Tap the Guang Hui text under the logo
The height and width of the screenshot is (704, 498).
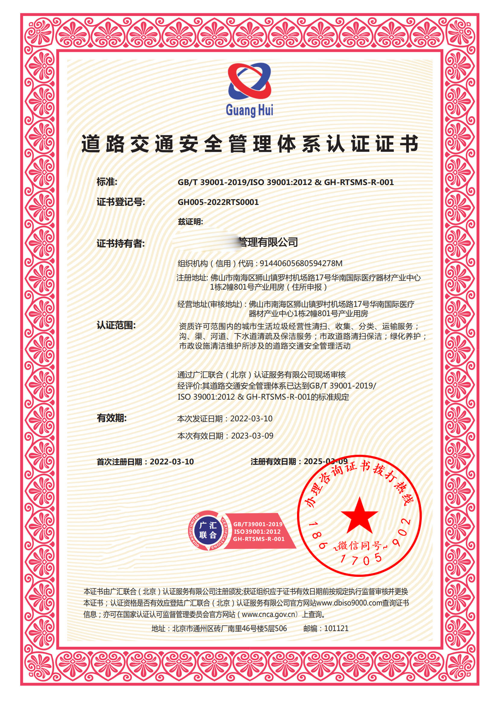tap(249, 110)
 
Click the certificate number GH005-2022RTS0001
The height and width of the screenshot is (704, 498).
tap(218, 202)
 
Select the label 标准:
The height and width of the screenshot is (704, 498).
tap(107, 182)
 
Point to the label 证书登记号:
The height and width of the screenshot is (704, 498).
tap(121, 202)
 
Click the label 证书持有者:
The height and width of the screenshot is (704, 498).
tap(121, 244)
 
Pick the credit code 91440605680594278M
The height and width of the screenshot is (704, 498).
tap(301, 263)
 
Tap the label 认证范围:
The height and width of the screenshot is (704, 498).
tap(116, 325)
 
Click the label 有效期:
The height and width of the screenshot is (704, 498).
tap(111, 418)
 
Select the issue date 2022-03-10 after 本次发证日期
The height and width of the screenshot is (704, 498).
tap(251, 419)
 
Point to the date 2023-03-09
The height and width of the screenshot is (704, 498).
tap(252, 436)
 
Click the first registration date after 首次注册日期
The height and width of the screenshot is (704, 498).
tap(172, 462)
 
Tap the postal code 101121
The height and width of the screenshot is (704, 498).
tap(336, 629)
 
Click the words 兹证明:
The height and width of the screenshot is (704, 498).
tap(190, 222)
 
